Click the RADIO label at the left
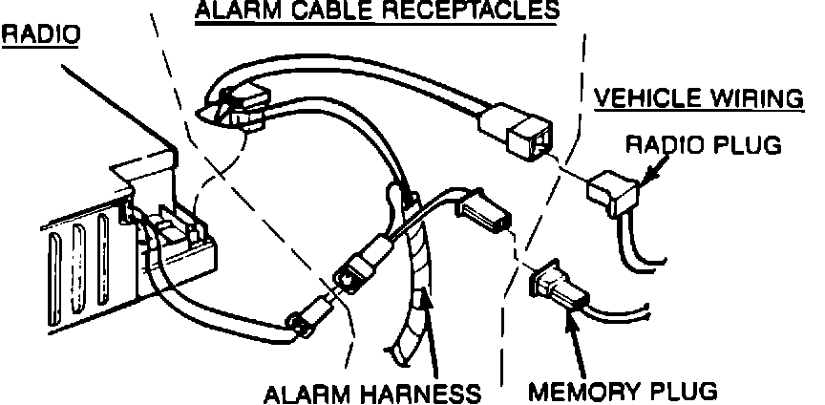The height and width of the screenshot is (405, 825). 40,35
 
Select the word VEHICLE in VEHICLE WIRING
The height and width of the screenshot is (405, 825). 646,98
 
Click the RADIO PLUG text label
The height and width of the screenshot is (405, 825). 704,145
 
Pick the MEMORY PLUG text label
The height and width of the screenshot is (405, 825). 622,392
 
